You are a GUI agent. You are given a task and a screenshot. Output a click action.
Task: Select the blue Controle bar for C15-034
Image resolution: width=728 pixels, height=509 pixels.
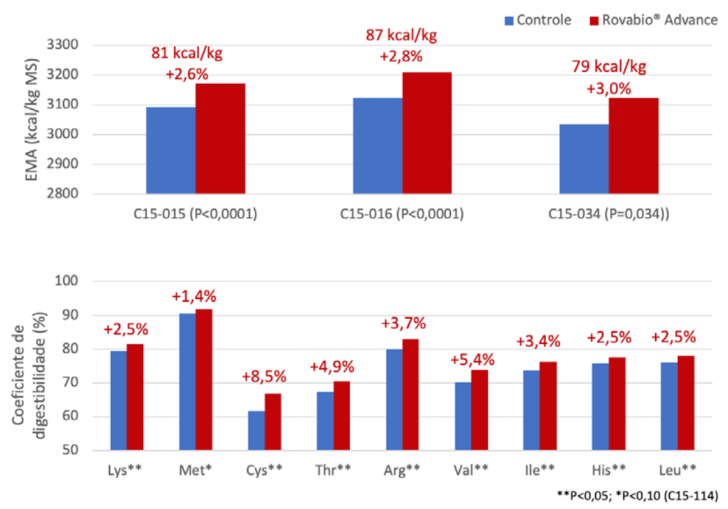(x=584, y=159)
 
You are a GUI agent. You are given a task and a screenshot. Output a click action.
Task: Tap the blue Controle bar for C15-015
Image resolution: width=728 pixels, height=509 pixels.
(x=171, y=150)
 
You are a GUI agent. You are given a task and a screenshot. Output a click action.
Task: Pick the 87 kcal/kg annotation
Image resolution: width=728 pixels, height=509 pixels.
(x=401, y=36)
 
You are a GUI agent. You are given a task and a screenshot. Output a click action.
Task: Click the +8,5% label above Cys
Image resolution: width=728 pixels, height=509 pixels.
(x=264, y=376)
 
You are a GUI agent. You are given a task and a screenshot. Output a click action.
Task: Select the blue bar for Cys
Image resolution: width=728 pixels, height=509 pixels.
(x=256, y=431)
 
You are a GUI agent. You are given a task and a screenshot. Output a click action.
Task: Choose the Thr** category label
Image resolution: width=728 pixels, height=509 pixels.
(x=333, y=470)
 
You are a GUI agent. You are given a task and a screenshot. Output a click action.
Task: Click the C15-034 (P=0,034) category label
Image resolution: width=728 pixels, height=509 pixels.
(x=609, y=214)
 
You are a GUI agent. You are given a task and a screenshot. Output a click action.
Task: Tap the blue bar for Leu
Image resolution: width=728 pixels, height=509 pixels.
(x=669, y=407)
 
